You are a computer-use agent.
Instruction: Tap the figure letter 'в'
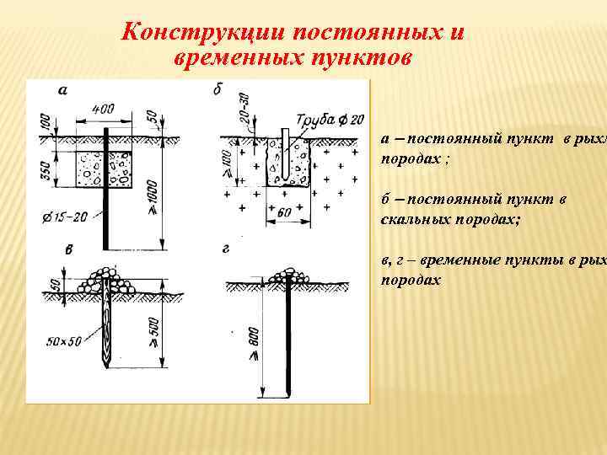(x=69, y=249)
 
